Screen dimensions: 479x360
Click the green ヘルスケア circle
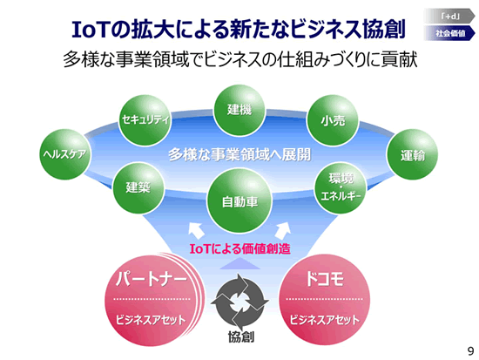point(65,154)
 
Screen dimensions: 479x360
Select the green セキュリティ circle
point(145,120)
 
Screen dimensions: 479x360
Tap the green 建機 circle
point(239,110)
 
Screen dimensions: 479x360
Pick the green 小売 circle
point(333,120)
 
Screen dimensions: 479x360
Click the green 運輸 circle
point(413,154)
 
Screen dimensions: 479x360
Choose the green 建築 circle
point(138,188)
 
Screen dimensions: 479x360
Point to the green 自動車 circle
point(239,200)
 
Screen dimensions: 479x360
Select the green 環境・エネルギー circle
point(341,187)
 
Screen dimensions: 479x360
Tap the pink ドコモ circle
point(325,300)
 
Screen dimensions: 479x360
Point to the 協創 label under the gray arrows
point(241,336)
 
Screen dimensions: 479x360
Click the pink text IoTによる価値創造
point(239,248)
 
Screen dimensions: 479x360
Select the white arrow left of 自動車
point(196,231)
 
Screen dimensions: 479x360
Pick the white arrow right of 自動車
point(283,231)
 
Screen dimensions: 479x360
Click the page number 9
point(471,351)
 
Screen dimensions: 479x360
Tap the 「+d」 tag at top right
point(449,16)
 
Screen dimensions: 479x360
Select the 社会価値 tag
point(449,33)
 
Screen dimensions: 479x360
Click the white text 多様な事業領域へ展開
point(239,155)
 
